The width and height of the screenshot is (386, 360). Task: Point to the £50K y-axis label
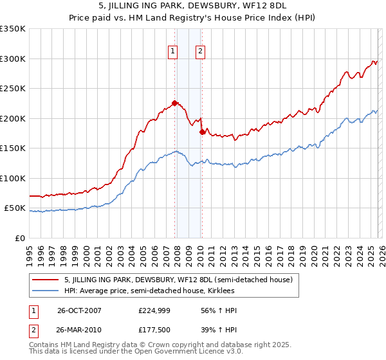[x=14, y=208]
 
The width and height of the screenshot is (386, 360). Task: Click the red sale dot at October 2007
[x=174, y=103]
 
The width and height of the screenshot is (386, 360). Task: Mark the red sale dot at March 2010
[x=202, y=131]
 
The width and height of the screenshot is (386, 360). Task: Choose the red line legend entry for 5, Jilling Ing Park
[x=178, y=280]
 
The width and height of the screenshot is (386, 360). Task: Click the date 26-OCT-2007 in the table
[x=78, y=310]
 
